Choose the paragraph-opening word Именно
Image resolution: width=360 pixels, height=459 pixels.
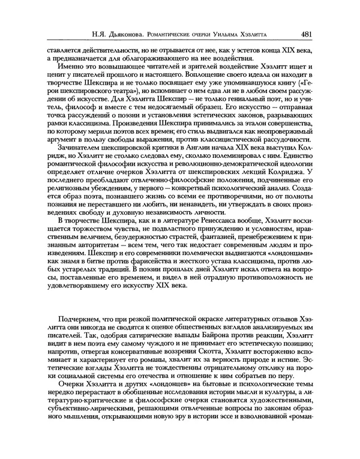point(70,69)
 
